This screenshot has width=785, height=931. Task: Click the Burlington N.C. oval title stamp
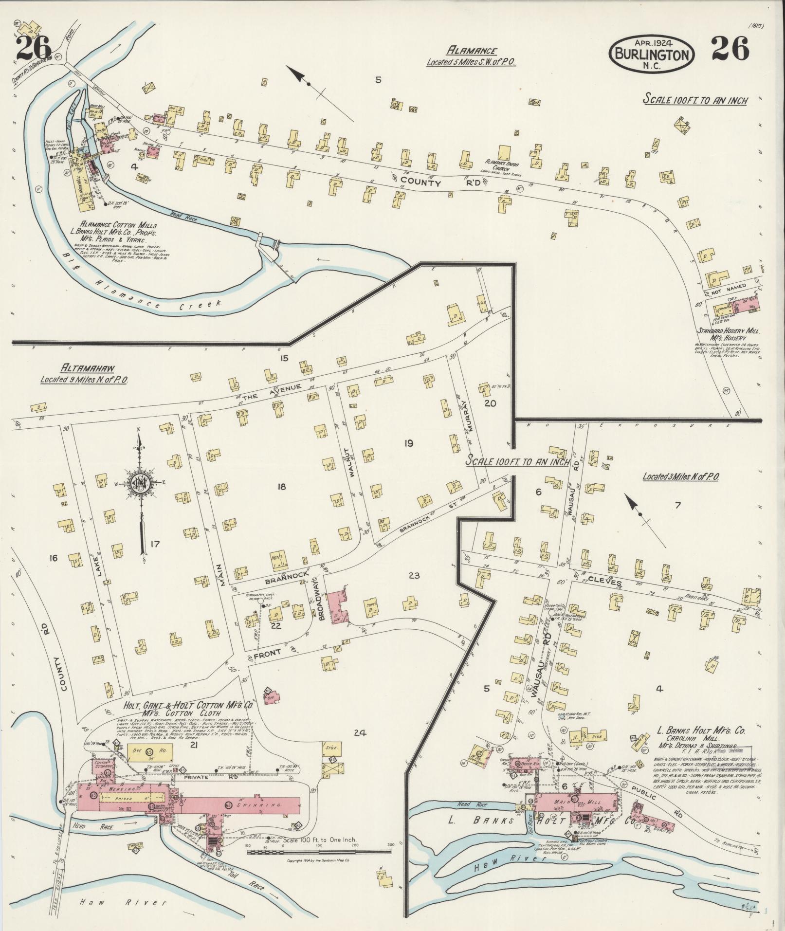[x=652, y=54]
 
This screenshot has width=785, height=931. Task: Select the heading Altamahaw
[x=80, y=368]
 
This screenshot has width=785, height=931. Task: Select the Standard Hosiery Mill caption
[x=728, y=331]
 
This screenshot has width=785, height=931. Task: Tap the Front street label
[x=267, y=656]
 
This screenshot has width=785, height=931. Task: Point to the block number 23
[x=415, y=576]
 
